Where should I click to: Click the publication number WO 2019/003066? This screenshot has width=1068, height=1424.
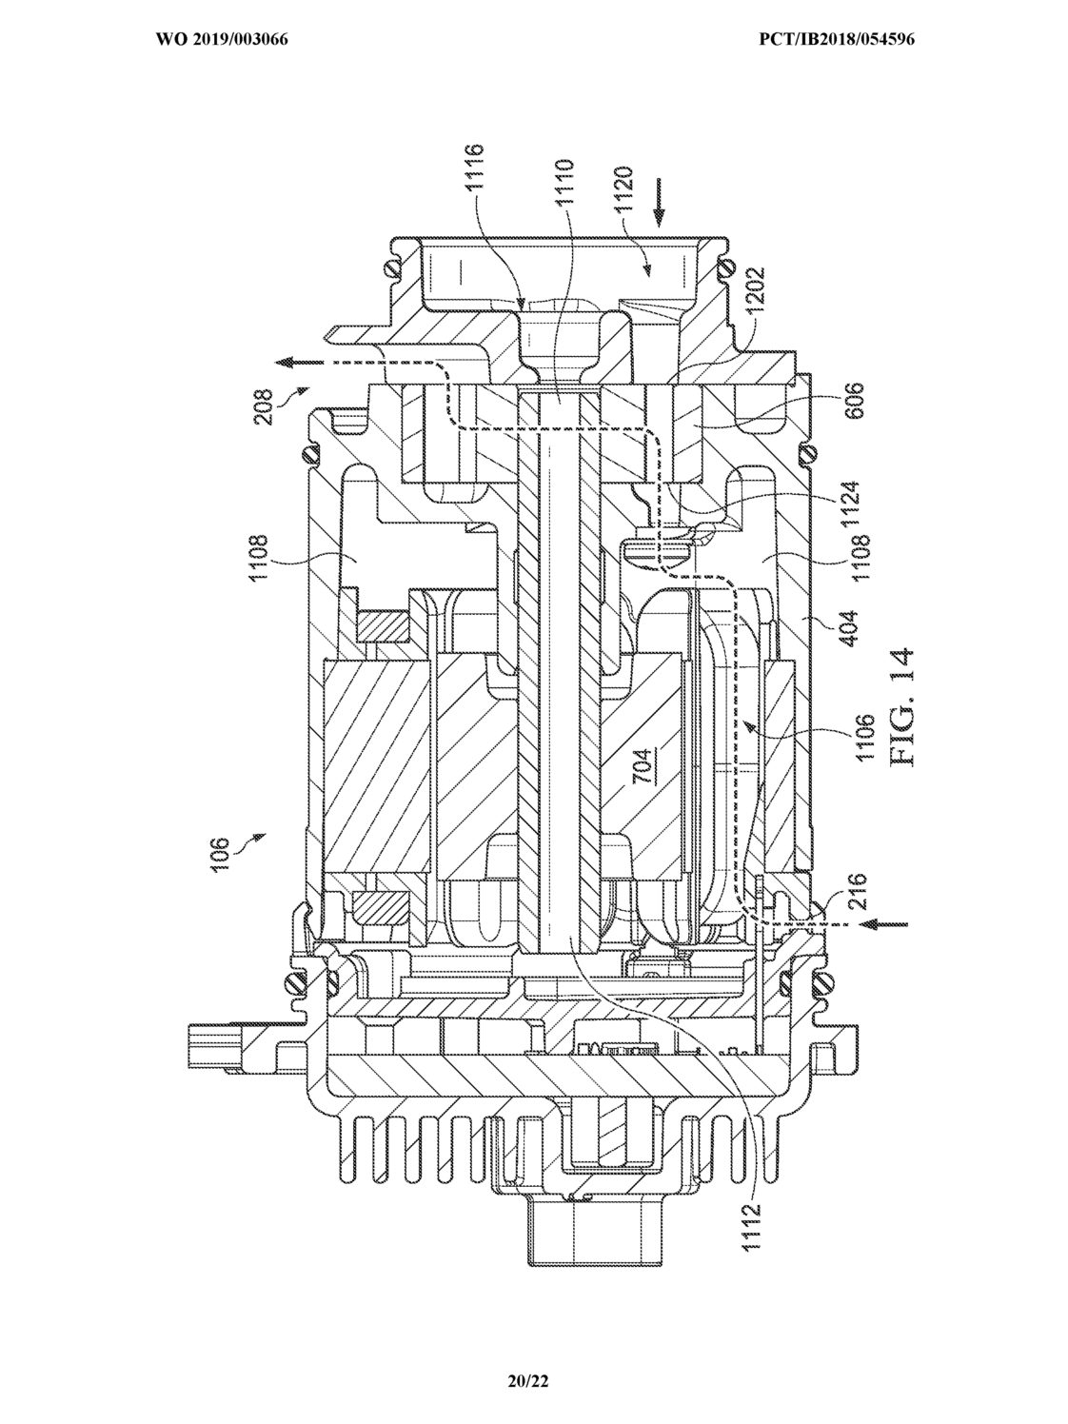(x=222, y=40)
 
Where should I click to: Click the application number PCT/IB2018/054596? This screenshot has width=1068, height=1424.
(x=837, y=40)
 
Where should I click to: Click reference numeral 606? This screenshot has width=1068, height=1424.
(x=855, y=401)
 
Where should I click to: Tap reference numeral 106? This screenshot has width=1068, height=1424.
(x=221, y=855)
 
